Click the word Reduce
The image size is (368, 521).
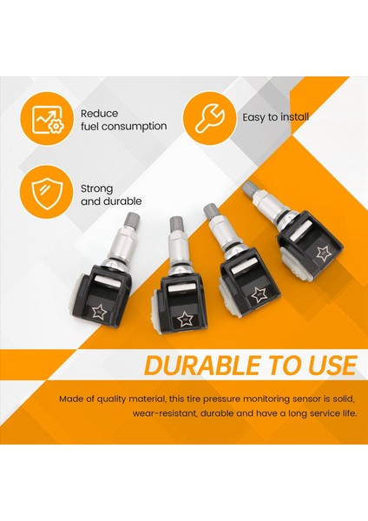click(x=100, y=113)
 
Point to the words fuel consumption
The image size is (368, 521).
click(x=123, y=127)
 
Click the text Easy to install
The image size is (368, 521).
click(x=276, y=117)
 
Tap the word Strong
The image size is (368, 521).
click(x=97, y=188)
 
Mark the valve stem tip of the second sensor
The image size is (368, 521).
click(x=176, y=224)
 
